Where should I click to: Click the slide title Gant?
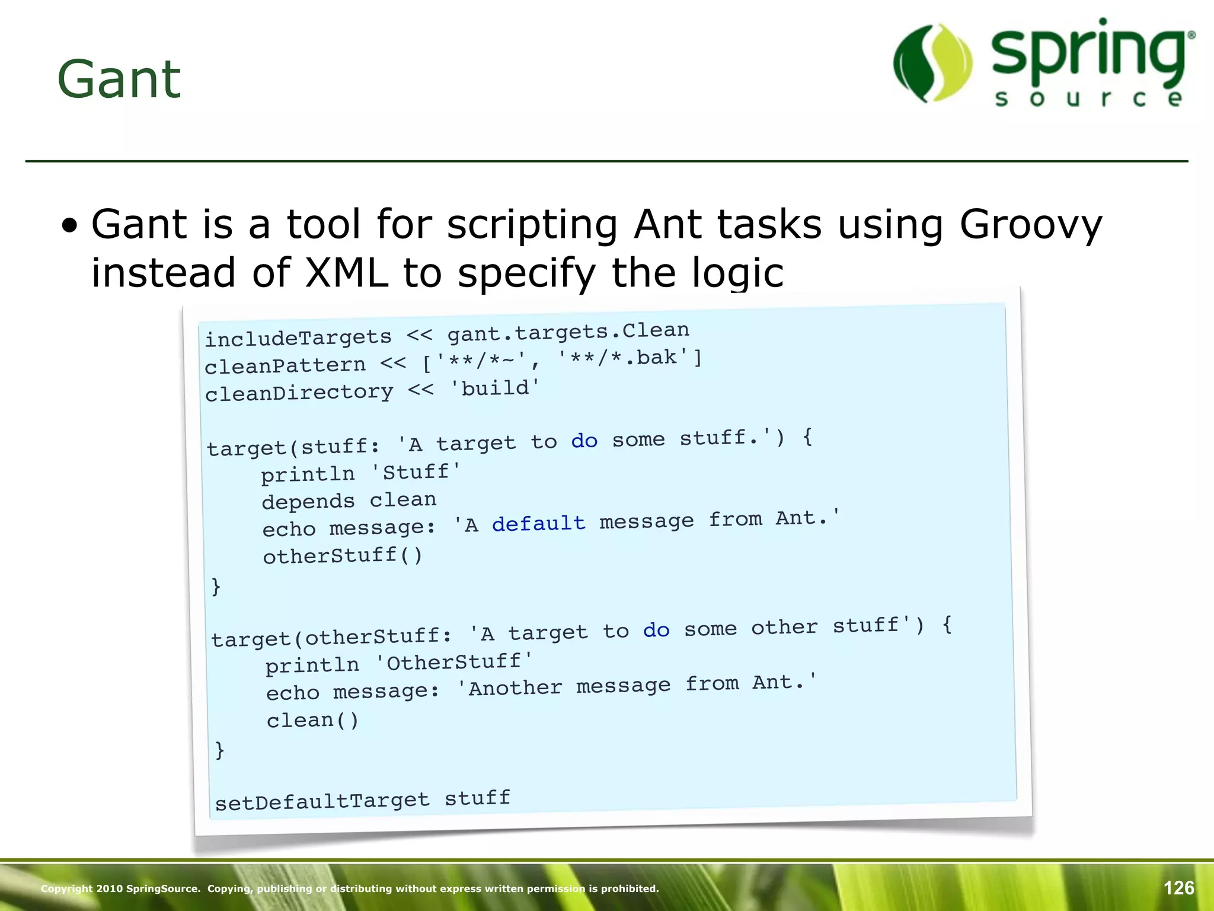(119, 79)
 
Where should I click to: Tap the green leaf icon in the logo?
(932, 63)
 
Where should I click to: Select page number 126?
(1178, 888)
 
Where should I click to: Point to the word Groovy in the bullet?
(1030, 225)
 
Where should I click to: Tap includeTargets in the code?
(298, 337)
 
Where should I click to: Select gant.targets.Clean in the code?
(568, 332)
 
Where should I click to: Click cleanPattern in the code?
(285, 365)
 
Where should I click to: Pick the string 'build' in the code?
(495, 388)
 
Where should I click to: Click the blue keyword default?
(538, 523)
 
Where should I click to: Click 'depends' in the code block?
(308, 502)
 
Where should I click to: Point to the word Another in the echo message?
(515, 688)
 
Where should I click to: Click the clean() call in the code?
(312, 721)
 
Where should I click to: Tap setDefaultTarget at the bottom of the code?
(322, 802)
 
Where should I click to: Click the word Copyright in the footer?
(66, 888)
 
